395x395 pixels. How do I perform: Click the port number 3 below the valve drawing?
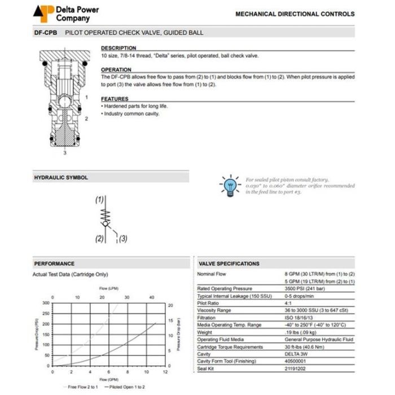coord(65,152)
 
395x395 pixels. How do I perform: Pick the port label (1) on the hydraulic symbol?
coord(100,200)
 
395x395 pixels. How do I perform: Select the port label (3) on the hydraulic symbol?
coord(123,238)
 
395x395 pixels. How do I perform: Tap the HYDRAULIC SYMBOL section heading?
coord(61,178)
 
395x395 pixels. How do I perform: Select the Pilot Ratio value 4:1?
coord(289,303)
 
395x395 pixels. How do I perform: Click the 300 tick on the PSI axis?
coord(46,302)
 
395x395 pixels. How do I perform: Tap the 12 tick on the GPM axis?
coord(165,372)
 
